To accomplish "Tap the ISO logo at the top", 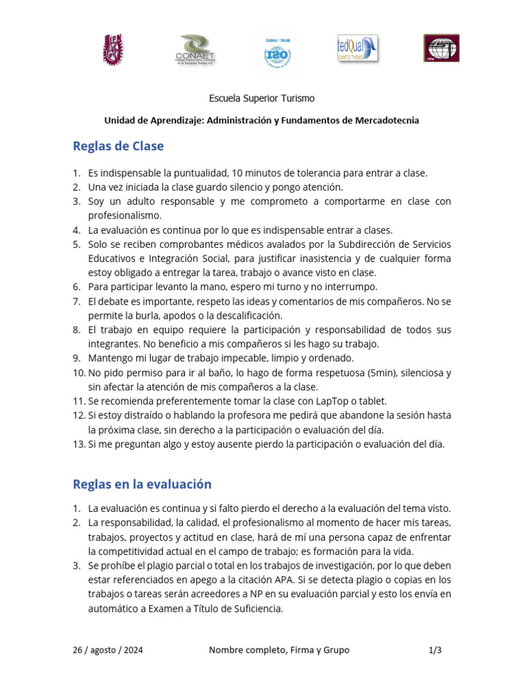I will (x=277, y=52).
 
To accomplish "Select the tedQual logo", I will (x=358, y=49).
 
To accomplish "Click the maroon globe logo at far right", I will (x=441, y=49).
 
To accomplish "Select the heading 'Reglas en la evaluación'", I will (x=142, y=484).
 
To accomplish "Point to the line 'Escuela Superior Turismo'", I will (x=261, y=98).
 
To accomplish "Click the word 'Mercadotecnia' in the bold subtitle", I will (x=387, y=120).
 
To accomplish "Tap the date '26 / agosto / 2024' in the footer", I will (x=108, y=650).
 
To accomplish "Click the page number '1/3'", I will (x=435, y=650).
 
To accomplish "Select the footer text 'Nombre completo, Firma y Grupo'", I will (x=279, y=650).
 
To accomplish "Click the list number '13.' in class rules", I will (x=78, y=444).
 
